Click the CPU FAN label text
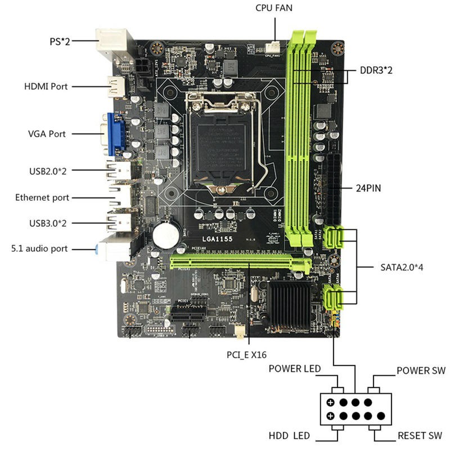click(x=274, y=8)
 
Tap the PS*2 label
click(x=59, y=41)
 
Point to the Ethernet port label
click(x=42, y=197)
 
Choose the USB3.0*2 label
click(x=48, y=223)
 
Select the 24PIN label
click(x=368, y=188)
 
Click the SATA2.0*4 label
click(x=398, y=267)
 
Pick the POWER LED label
click(x=294, y=369)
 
